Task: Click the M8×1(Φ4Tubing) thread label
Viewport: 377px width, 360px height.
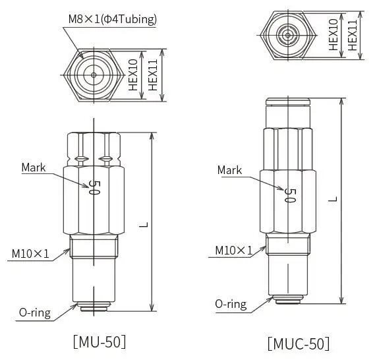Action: [x=113, y=19]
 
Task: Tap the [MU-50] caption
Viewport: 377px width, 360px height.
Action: [x=100, y=342]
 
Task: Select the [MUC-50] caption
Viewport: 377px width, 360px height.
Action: [x=299, y=344]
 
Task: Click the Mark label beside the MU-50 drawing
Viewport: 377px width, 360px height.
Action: [x=34, y=167]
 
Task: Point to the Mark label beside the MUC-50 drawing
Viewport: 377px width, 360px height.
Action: [x=229, y=170]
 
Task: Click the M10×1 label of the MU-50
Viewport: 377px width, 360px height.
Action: [x=30, y=254]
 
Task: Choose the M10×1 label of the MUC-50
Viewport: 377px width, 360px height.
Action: [x=234, y=251]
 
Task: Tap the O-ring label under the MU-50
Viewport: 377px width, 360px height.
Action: [x=35, y=313]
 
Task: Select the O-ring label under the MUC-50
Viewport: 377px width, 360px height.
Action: [x=231, y=304]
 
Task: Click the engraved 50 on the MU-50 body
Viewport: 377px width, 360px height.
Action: [x=94, y=187]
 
